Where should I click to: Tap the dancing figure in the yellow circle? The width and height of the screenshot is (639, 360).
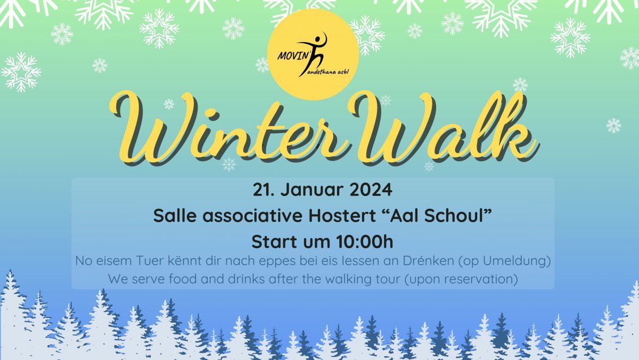313,54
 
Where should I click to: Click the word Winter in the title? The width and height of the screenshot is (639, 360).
228,128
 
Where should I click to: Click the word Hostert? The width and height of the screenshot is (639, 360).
342,216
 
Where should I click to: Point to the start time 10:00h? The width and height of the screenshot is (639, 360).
365,242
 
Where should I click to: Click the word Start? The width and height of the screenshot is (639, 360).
274,242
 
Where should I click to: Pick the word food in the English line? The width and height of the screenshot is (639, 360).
182,279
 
